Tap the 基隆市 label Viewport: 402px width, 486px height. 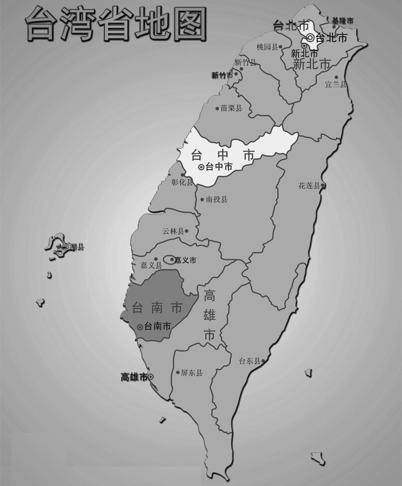coord(342,21)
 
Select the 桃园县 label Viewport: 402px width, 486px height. coord(267,47)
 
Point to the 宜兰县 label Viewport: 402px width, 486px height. coord(336,84)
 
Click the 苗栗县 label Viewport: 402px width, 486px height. coord(231,109)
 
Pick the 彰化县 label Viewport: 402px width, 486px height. coord(182,182)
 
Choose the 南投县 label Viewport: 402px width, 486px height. coord(216,200)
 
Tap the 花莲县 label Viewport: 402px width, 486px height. coord(309,186)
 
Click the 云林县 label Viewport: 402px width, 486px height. coord(173,231)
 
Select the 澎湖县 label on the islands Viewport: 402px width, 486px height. coord(72,247)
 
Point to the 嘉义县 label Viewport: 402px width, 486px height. coord(151,265)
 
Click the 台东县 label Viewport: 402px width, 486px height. coord(249,361)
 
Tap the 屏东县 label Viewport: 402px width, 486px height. coord(192,373)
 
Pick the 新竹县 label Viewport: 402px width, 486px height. coord(245,63)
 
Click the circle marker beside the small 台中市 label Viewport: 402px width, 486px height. coord(201,167)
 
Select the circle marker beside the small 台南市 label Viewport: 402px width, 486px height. coord(140,326)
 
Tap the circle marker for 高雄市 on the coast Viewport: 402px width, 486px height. coord(151,377)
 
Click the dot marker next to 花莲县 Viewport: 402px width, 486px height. coord(323,186)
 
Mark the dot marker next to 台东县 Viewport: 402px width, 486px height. coord(263,361)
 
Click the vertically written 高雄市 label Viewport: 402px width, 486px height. coord(209,315)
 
